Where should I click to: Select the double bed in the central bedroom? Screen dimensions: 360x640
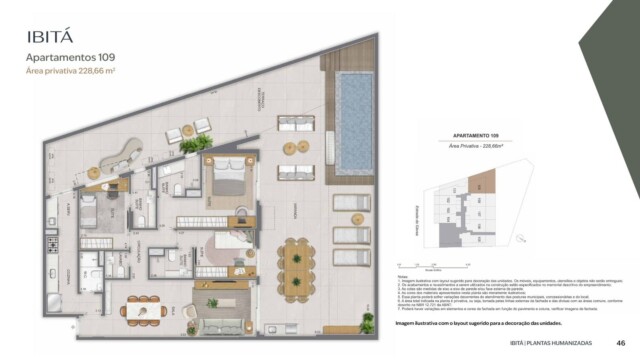click(227, 182)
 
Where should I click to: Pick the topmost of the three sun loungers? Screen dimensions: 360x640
click(351, 204)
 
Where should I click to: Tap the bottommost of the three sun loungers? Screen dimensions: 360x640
click(351, 257)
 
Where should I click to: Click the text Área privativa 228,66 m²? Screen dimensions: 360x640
click(74, 72)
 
